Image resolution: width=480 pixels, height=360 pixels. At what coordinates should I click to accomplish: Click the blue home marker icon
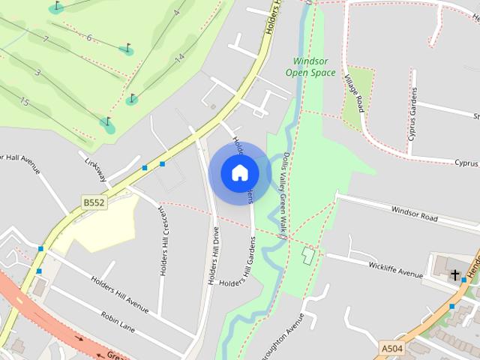pos(239,172)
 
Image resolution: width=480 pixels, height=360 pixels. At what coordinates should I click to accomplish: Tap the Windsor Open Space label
pos(310,66)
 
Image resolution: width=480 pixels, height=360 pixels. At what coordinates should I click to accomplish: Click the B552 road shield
pos(94,202)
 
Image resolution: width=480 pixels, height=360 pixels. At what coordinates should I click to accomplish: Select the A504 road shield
pos(391,349)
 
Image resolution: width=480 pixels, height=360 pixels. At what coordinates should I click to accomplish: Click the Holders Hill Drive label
pos(213,255)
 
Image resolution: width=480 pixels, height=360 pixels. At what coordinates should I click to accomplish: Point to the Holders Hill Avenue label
pos(120,291)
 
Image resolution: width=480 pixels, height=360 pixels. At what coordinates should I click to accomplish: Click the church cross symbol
pos(454,275)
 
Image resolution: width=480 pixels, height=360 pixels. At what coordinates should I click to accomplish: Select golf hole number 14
pos(178,57)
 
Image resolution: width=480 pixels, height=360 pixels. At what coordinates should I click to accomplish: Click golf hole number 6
pos(88,37)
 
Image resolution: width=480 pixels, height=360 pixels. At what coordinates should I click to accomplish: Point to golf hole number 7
pos(46,39)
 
